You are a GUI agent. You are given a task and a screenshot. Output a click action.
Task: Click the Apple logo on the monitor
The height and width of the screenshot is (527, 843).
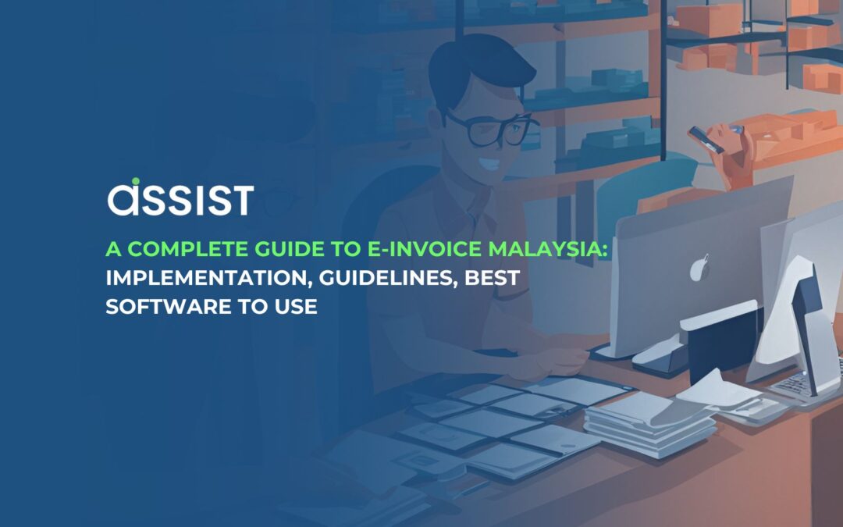[x=700, y=268]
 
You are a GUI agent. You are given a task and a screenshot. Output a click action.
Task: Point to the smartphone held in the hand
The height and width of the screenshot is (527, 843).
[x=706, y=139]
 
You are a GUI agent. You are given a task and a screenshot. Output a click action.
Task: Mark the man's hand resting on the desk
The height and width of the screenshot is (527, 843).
[x=554, y=361]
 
